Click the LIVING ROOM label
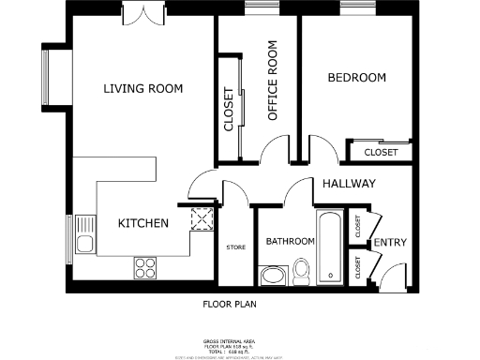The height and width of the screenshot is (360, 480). [x=142, y=88]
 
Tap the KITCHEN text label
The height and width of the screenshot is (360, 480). [x=142, y=223]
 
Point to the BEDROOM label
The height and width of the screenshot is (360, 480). [x=356, y=78]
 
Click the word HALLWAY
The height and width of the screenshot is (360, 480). [x=349, y=184]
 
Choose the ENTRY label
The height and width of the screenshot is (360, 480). [x=389, y=243]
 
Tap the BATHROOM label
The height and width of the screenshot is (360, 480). [x=290, y=242]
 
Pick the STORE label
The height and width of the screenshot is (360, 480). [x=235, y=247]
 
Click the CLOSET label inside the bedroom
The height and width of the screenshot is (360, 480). [x=381, y=152]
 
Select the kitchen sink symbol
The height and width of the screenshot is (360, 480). [x=84, y=246]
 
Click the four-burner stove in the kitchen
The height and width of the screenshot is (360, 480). [x=145, y=268]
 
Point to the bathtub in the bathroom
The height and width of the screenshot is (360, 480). [x=330, y=247]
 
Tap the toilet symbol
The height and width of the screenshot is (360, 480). [x=302, y=271]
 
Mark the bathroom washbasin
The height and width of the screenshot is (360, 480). [x=272, y=276]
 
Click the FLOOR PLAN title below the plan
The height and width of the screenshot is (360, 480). [x=230, y=304]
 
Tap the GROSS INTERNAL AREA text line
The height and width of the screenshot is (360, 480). [x=229, y=340]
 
